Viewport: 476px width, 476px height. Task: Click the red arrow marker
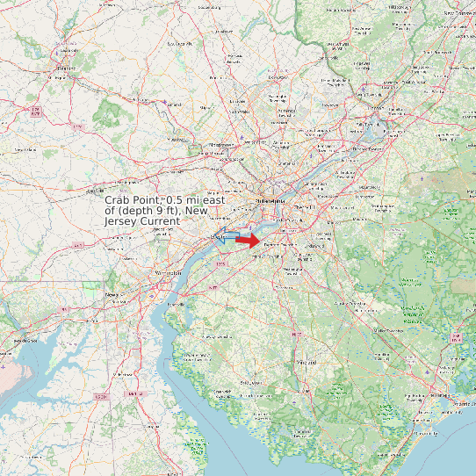pos(248,240)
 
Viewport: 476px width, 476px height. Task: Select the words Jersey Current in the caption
pos(142,221)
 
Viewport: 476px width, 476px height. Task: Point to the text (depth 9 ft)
pos(153,211)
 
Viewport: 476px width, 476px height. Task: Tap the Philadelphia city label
pos(270,201)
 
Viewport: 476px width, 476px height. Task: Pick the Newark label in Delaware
pos(112,295)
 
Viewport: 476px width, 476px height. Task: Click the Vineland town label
pos(306,362)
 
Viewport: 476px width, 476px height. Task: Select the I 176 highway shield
pos(35,111)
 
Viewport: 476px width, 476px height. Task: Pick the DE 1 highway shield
pos(133,394)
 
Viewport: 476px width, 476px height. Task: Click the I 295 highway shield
pos(220,263)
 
